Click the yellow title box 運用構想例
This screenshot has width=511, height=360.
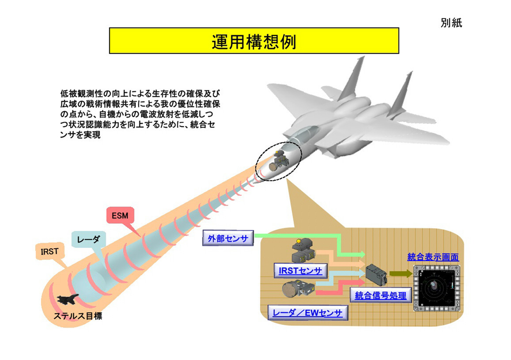[254, 41]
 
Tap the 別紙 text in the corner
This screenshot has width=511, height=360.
[450, 23]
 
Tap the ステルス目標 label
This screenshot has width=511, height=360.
[77, 316]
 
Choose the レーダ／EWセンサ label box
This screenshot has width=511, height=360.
[307, 313]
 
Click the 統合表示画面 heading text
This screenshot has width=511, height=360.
[432, 257]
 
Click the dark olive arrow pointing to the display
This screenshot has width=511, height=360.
[399, 274]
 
